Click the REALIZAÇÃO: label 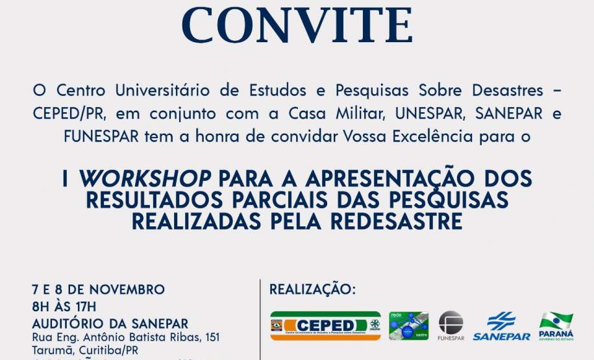(x=312, y=289)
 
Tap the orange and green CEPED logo (x=325, y=326)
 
